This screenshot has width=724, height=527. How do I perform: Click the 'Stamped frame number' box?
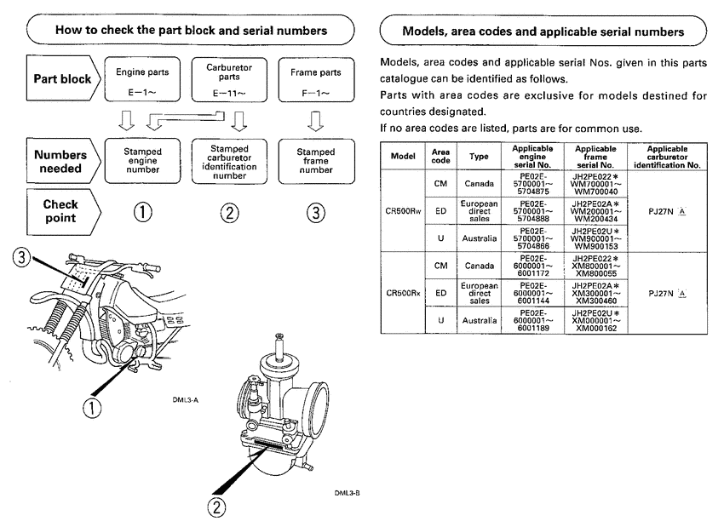[x=315, y=159]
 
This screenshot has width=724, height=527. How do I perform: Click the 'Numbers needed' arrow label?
[x=60, y=161]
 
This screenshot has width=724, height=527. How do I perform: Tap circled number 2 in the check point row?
[x=229, y=213]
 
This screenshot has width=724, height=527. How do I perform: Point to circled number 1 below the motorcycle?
[x=89, y=410]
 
